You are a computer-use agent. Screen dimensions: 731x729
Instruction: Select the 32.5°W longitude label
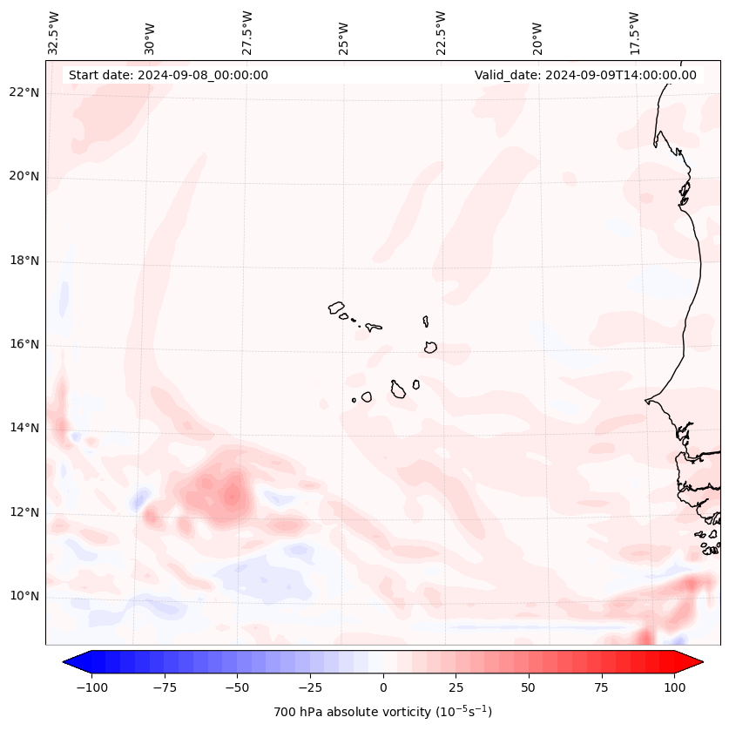[54, 32]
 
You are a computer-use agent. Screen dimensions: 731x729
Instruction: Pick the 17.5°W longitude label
[633, 32]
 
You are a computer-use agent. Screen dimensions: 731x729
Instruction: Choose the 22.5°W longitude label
[440, 32]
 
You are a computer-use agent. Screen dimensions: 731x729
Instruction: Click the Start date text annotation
[168, 75]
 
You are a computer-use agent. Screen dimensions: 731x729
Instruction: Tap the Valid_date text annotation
[585, 75]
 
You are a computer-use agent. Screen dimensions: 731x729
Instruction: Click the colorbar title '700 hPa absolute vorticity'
[382, 712]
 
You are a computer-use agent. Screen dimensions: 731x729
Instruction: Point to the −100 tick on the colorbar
[91, 687]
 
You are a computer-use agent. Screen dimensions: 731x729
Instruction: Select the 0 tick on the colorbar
[383, 687]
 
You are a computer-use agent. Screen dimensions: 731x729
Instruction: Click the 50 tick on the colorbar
[529, 687]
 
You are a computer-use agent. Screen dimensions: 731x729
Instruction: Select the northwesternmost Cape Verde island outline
[336, 308]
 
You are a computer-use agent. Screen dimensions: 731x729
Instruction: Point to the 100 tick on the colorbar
[674, 687]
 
